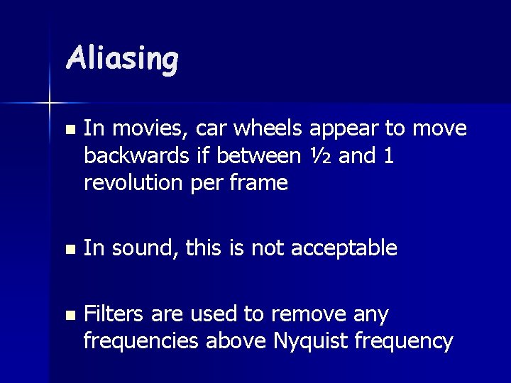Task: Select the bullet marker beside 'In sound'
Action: coord(68,250)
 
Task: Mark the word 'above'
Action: coord(237,342)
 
